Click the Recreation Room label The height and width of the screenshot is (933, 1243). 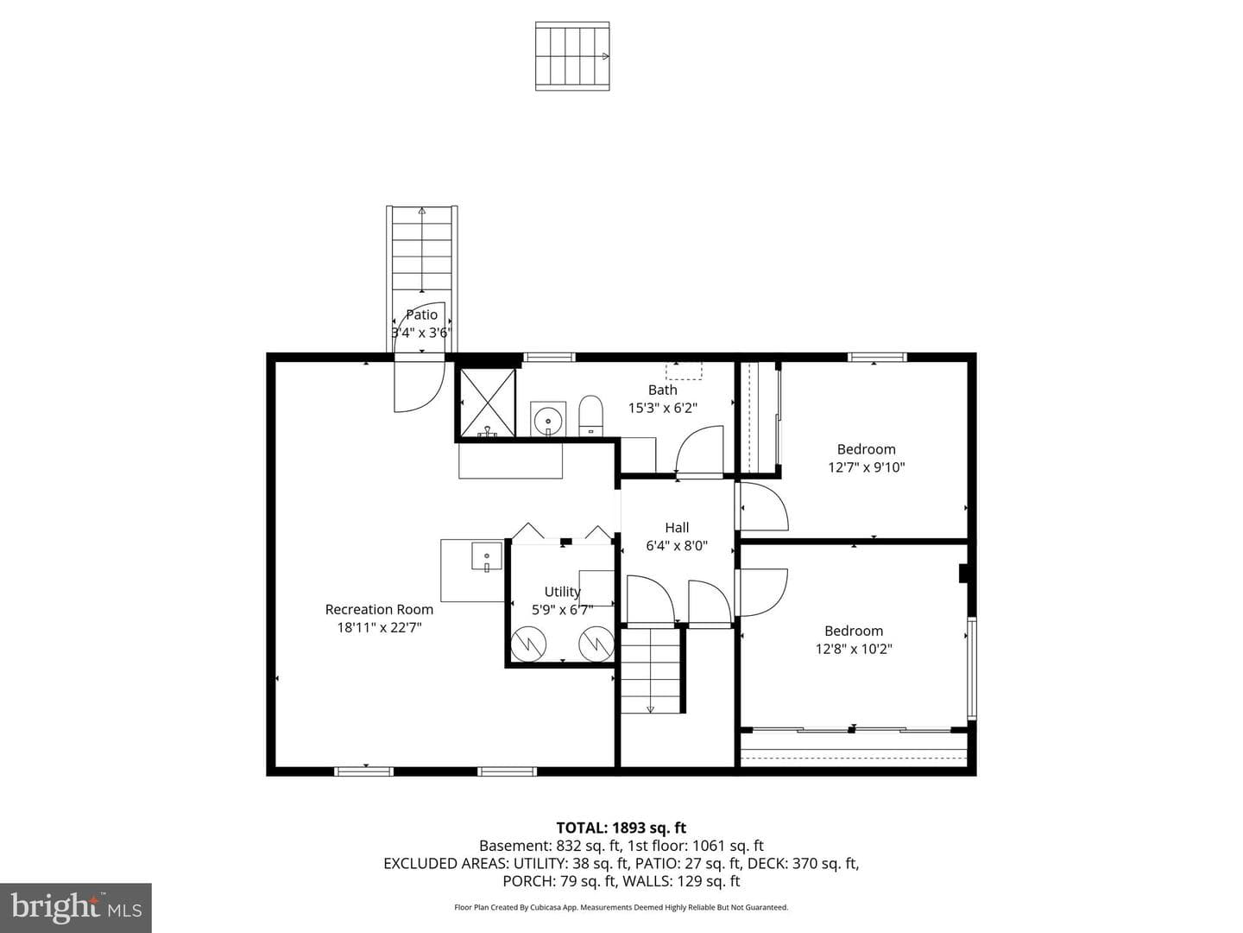(379, 610)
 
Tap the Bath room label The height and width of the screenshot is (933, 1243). (663, 390)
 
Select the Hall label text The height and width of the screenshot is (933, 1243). (677, 527)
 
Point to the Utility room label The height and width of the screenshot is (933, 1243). (562, 592)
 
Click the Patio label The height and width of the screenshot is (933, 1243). (422, 314)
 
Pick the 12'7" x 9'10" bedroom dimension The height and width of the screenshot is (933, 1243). (867, 467)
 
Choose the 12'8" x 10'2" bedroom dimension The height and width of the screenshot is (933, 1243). (854, 649)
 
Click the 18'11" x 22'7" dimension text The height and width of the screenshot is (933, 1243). (380, 628)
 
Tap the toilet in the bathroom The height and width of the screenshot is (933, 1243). (590, 416)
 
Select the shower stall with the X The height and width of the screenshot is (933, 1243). (487, 403)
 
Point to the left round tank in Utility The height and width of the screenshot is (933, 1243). (528, 644)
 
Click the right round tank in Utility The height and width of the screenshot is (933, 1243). (596, 644)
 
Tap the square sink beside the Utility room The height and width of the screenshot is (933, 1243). (487, 555)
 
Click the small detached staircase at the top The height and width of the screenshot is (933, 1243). (572, 56)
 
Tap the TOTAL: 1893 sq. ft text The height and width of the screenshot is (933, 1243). (621, 828)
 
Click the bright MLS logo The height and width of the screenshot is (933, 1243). (76, 908)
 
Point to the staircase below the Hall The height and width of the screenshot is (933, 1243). (651, 670)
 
